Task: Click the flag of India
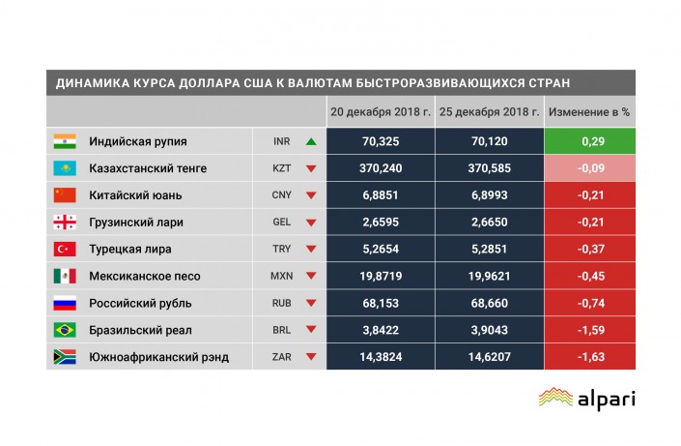coord(64,141)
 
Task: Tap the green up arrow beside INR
coord(311,141)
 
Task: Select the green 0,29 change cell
coord(589,141)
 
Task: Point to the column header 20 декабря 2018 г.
coord(381,112)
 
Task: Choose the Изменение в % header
coord(589,112)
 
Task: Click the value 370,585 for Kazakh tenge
coord(489,168)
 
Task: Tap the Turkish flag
coord(64,250)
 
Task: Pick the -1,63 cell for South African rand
coord(589,358)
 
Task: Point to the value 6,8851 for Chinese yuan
coord(381,195)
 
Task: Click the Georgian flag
coord(64,223)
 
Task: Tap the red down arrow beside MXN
coord(311,277)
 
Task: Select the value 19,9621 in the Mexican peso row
coord(489,277)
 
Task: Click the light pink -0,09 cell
coord(589,168)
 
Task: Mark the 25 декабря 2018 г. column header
coord(489,112)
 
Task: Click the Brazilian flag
coord(64,331)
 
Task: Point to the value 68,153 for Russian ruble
coord(381,304)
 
